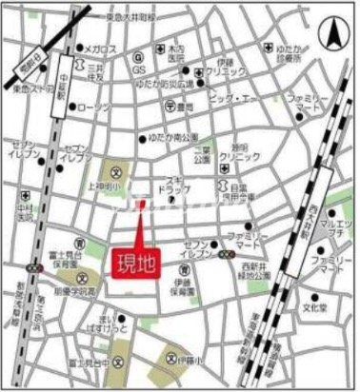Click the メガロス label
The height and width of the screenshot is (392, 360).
tap(101, 49)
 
